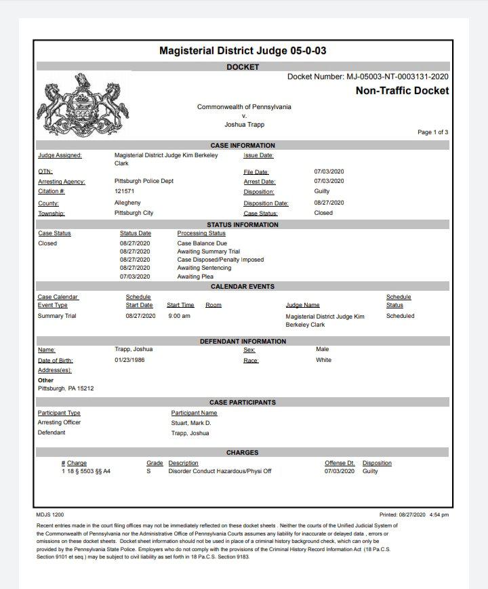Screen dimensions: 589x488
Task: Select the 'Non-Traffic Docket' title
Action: [x=402, y=91]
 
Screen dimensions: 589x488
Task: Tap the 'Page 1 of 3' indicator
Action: [x=432, y=132]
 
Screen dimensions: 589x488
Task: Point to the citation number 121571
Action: [x=124, y=192]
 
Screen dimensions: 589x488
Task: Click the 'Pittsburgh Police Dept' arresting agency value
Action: [x=144, y=182]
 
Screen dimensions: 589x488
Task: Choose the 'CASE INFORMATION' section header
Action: [x=243, y=145]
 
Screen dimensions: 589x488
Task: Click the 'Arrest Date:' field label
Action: [x=260, y=182]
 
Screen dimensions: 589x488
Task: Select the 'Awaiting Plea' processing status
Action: [x=195, y=277]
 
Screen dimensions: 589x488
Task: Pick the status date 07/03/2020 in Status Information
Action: [x=135, y=277]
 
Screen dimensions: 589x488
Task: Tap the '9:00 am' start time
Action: [x=179, y=316]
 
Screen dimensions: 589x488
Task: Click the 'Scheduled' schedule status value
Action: [x=400, y=316]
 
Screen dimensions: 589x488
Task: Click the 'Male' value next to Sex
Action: [x=323, y=349]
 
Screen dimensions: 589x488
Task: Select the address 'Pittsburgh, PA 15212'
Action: [x=65, y=389]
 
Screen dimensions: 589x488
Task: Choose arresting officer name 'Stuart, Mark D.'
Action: [x=191, y=422]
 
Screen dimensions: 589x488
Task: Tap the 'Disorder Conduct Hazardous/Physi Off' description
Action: [x=220, y=471]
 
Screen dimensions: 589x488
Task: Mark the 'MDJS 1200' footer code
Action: [x=49, y=514]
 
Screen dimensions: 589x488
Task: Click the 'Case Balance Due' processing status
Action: [x=202, y=243]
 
